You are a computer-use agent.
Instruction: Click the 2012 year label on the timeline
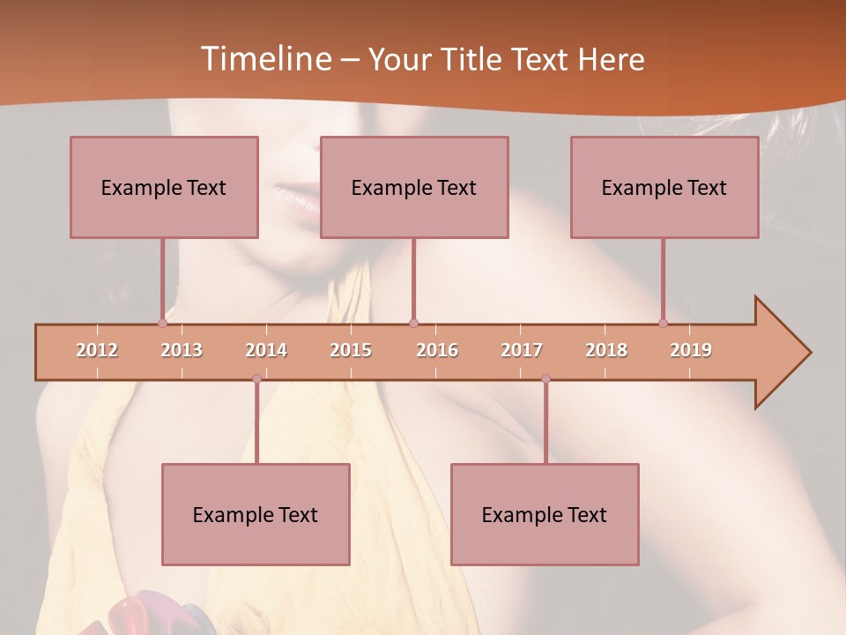tap(97, 350)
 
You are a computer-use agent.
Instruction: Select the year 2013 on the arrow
tap(182, 350)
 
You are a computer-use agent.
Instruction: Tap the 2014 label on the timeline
tap(266, 350)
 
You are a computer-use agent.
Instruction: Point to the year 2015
tap(351, 350)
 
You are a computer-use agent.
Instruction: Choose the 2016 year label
tap(437, 350)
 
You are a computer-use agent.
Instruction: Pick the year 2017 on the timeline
tap(522, 350)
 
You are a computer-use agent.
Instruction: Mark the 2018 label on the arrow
tap(606, 350)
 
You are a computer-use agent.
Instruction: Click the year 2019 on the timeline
tap(691, 350)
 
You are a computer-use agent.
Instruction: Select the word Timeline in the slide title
tap(264, 59)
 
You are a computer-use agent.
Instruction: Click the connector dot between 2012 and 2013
tap(162, 324)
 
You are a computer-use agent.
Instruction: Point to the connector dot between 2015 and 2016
tap(413, 324)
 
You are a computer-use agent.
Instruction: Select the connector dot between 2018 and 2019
tap(663, 324)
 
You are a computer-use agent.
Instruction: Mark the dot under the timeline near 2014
tap(256, 379)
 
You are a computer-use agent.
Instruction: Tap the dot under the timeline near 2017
tap(545, 379)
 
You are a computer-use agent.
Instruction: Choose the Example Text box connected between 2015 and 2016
tap(414, 187)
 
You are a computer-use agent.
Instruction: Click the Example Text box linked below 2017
tap(545, 514)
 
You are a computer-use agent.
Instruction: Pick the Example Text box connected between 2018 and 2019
tap(664, 187)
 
